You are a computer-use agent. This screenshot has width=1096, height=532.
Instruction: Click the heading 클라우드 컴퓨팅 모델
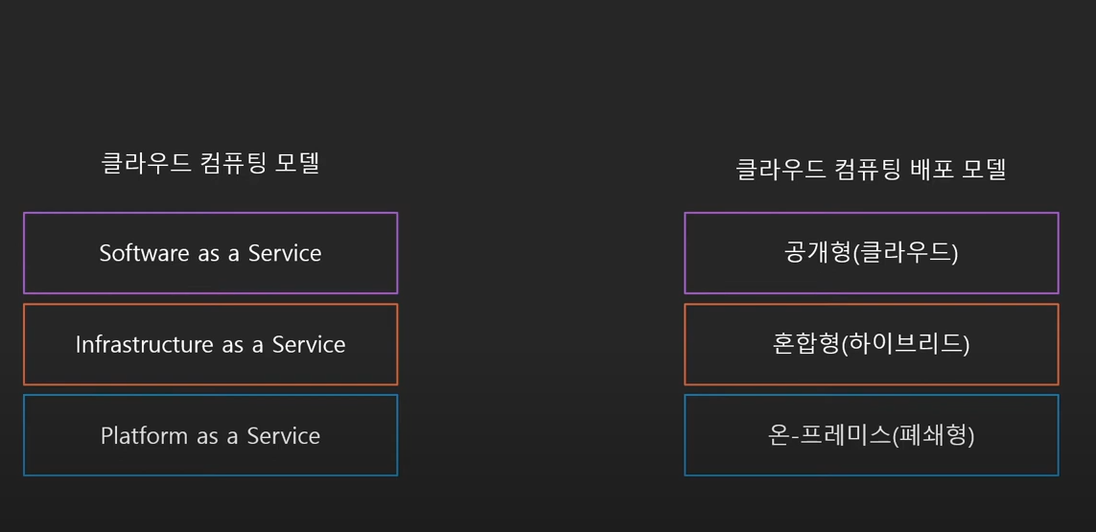tap(210, 163)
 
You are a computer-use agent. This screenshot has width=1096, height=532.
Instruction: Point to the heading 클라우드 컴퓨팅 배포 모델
tap(871, 170)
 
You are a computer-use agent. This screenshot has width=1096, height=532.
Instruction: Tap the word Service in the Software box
tap(285, 253)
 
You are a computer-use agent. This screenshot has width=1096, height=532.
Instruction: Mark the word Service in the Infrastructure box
tap(309, 344)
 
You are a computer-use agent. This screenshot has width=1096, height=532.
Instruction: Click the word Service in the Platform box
tap(284, 436)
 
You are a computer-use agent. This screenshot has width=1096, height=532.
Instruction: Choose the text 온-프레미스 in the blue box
tap(829, 436)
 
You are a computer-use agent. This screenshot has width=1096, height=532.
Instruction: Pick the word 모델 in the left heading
tap(296, 163)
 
